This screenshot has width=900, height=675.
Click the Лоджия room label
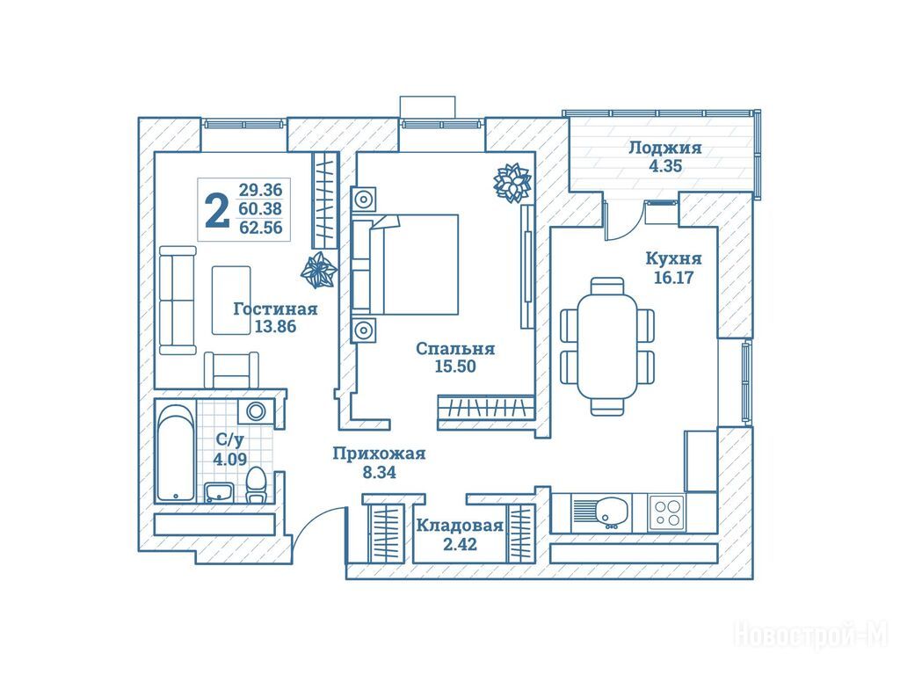coord(665,148)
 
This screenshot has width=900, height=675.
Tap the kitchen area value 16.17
coord(674,278)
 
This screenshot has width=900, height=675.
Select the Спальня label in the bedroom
coord(454,348)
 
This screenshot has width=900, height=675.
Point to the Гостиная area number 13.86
coord(275,327)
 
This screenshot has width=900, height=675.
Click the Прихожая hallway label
coord(379,454)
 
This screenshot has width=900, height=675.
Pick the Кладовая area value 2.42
coord(461,543)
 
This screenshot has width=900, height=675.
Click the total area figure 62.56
coord(260,228)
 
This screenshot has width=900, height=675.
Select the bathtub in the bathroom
coord(176,453)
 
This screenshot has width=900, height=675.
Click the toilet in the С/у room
coord(256,485)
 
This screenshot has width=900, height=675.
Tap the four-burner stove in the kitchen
coord(667,512)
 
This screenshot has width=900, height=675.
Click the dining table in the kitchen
coord(607,346)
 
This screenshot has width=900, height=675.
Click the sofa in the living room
coord(178,301)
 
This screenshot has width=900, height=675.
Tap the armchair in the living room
coord(231,370)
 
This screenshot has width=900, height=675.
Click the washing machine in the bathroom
coord(256,411)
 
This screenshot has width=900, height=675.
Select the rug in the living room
coord(231,301)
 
